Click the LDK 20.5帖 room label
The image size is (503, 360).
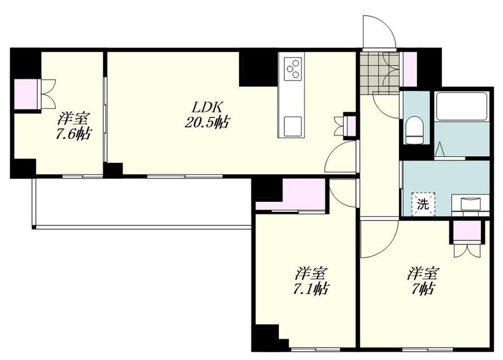coord(207,114)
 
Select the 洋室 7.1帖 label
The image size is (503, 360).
coord(310,281)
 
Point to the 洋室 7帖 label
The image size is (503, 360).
coord(423,281)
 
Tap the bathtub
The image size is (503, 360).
coord(461,107)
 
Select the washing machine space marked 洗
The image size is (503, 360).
coord(423,204)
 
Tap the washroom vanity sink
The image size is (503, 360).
coord(471,204)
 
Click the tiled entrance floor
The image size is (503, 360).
coord(379,73)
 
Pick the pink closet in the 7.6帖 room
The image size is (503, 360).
coord(27,94)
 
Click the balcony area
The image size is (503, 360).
coord(141,202)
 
